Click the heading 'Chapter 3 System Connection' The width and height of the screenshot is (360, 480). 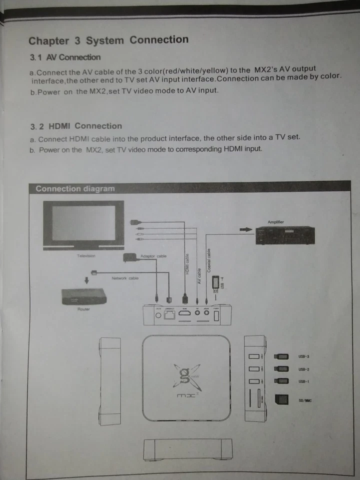pyautogui.click(x=108, y=40)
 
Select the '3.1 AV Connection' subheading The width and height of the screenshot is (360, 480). pyautogui.click(x=65, y=57)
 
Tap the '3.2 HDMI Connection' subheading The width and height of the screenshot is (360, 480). pyautogui.click(x=76, y=126)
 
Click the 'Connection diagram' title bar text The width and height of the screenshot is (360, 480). pyautogui.click(x=75, y=189)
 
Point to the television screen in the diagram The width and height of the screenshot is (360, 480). pyautogui.click(x=83, y=223)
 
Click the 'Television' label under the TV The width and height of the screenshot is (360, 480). pyautogui.click(x=86, y=256)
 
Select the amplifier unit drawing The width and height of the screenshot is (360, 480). pyautogui.click(x=283, y=235)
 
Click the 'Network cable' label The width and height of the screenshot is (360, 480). pyautogui.click(x=125, y=278)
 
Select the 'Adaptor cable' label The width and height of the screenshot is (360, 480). pyautogui.click(x=154, y=256)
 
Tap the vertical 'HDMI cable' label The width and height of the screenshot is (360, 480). pyautogui.click(x=187, y=264)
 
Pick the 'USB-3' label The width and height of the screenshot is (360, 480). pyautogui.click(x=304, y=356)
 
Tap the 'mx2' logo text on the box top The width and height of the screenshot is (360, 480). pyautogui.click(x=186, y=396)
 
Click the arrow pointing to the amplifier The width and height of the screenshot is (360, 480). pyautogui.click(x=245, y=229)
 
